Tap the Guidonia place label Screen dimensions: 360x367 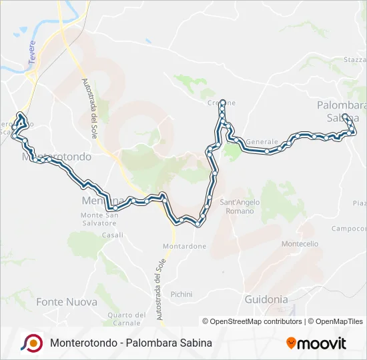click(266, 299)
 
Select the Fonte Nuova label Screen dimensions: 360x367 click(67, 302)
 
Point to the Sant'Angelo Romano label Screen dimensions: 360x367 click(237, 206)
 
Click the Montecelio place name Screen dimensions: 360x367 click(300, 244)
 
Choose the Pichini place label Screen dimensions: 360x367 click(181, 294)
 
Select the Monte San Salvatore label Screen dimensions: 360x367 click(99, 219)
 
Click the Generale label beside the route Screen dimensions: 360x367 click(262, 142)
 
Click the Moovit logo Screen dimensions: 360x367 click(316, 343)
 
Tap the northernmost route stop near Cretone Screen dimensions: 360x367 click(222, 103)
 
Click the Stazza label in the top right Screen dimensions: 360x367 click(354, 60)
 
